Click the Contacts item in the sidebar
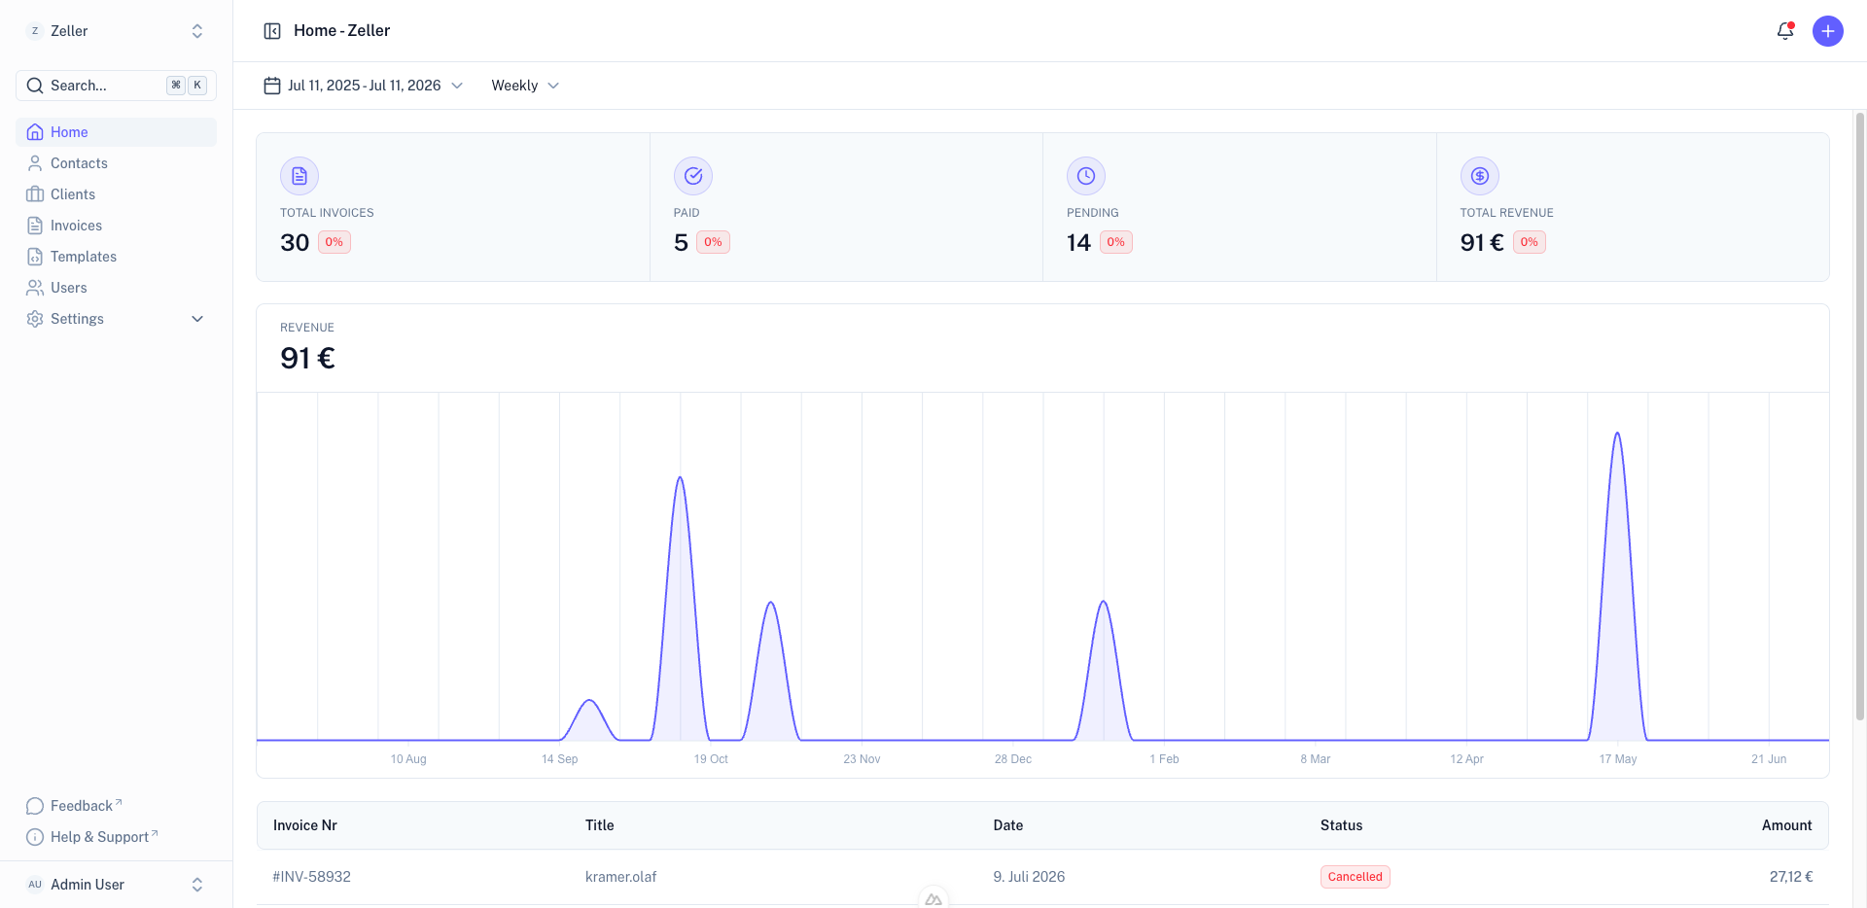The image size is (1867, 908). click(79, 163)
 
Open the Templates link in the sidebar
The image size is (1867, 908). click(84, 257)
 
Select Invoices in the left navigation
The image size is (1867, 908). click(76, 226)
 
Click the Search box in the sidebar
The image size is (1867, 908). click(116, 86)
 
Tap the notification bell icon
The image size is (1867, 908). click(1785, 31)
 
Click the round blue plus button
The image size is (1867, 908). click(1828, 31)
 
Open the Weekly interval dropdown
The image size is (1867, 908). click(525, 86)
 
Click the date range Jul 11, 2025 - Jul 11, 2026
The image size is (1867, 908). click(364, 86)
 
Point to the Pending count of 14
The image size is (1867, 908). click(1078, 243)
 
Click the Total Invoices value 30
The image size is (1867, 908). click(295, 243)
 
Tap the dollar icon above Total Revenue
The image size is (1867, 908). click(1480, 176)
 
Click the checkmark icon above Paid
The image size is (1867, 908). click(693, 176)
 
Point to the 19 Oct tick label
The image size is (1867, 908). click(711, 759)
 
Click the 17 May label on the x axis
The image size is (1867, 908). click(1618, 759)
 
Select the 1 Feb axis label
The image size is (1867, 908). click(1164, 759)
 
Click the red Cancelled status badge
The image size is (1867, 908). click(1356, 877)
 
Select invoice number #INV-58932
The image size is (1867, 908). click(312, 877)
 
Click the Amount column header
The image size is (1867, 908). click(1787, 825)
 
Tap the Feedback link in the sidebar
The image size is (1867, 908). click(82, 806)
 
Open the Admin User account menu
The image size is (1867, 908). click(116, 885)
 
